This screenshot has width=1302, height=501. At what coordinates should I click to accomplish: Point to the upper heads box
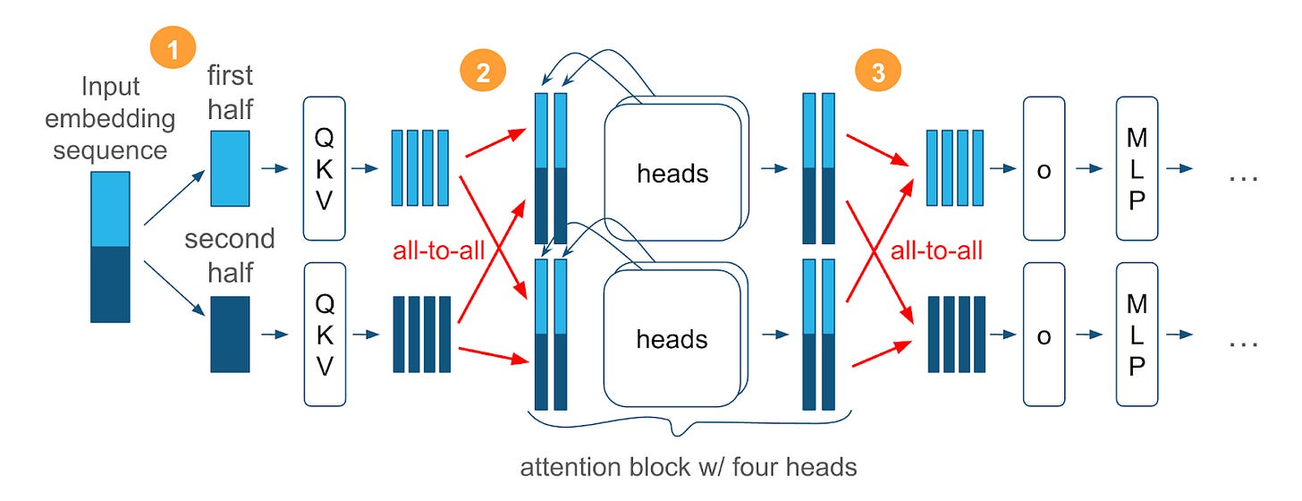pyautogui.click(x=672, y=173)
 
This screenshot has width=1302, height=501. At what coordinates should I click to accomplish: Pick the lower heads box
pyautogui.click(x=672, y=339)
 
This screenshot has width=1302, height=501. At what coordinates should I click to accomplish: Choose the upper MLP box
pyautogui.click(x=1137, y=168)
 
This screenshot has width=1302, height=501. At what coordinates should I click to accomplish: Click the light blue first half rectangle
pyautogui.click(x=230, y=168)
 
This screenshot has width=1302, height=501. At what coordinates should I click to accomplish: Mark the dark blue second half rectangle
pyautogui.click(x=230, y=334)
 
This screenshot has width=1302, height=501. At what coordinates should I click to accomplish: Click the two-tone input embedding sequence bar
pyautogui.click(x=110, y=247)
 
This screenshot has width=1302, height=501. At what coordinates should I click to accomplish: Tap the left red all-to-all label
pyautogui.click(x=439, y=250)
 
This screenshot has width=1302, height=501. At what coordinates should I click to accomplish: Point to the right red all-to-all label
pyautogui.click(x=936, y=250)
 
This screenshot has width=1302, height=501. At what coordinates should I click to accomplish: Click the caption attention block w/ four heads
pyautogui.click(x=689, y=467)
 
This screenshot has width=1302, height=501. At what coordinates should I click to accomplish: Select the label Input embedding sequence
pyautogui.click(x=110, y=118)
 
